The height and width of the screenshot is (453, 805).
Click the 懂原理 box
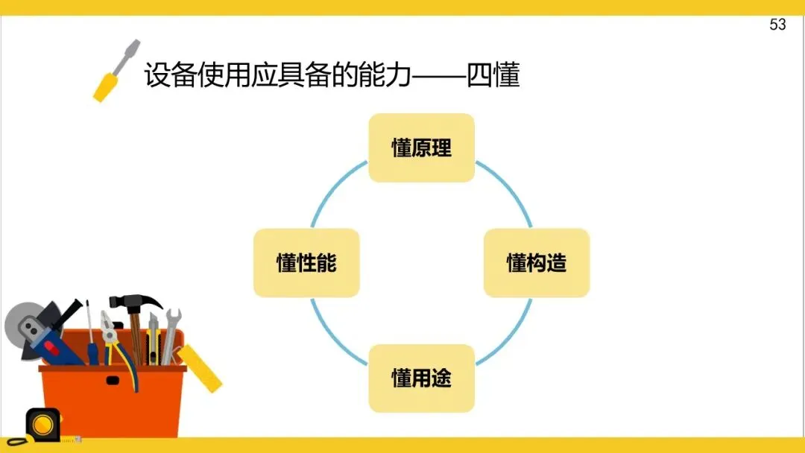click(421, 148)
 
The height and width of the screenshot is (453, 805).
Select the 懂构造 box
click(537, 263)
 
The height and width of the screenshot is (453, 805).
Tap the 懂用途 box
click(421, 378)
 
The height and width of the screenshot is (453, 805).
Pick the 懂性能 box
click(306, 263)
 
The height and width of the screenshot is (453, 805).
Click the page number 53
click(777, 25)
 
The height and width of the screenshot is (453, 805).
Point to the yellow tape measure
click(42, 424)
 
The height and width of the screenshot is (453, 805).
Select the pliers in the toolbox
click(112, 335)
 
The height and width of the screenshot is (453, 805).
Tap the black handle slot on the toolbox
click(112, 380)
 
